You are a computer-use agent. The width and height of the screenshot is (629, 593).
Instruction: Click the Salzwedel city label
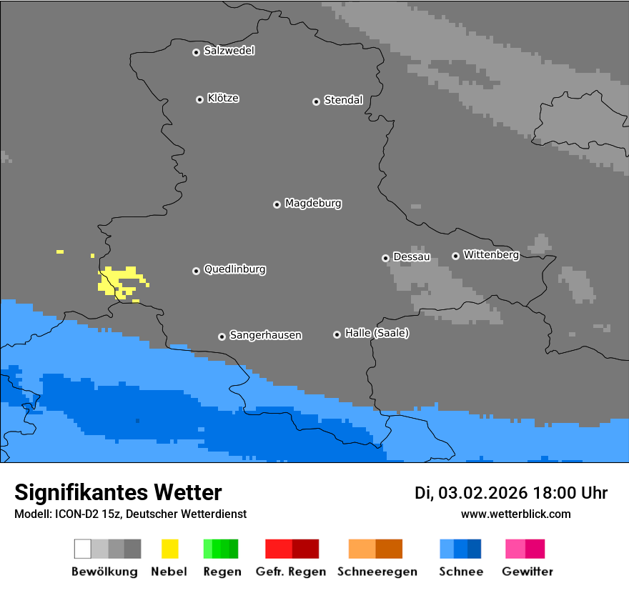click(x=229, y=51)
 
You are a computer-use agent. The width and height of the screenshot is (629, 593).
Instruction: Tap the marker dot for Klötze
click(x=199, y=99)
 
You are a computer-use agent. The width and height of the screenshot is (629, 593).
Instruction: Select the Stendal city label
click(x=343, y=100)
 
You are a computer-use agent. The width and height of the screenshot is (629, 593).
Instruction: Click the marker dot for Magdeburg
click(x=277, y=204)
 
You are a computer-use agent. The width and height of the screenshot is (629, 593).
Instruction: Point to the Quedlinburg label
click(x=234, y=269)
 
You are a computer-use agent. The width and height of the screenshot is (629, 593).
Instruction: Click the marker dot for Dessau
click(x=385, y=258)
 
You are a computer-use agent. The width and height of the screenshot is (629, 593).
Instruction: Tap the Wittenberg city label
click(x=491, y=254)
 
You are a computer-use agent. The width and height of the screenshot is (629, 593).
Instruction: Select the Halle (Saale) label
click(x=377, y=333)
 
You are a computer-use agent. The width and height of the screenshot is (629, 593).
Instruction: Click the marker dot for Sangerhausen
click(x=222, y=337)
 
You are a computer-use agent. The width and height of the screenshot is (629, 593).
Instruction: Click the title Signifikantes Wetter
click(x=118, y=492)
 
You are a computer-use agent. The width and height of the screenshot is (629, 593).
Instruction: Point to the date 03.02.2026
click(x=482, y=493)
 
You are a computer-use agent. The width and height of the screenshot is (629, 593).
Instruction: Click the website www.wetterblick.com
click(x=515, y=514)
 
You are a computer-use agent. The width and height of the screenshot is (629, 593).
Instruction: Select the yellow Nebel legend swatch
click(x=169, y=549)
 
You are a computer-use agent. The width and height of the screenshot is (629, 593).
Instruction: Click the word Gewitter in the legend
click(x=527, y=572)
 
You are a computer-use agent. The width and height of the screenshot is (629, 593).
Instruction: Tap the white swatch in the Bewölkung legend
click(x=83, y=549)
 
